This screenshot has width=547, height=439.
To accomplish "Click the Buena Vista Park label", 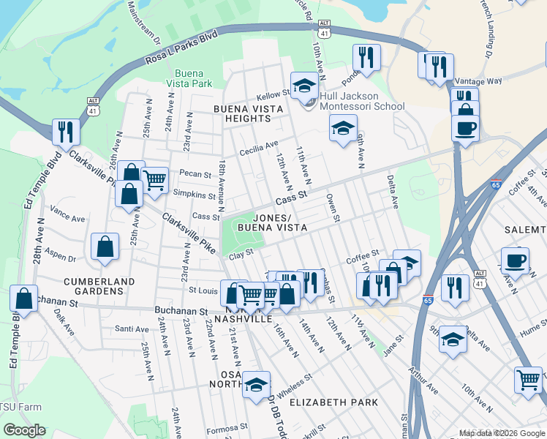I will pyautogui.click(x=193, y=78).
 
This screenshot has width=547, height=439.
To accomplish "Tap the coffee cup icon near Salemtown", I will pyautogui.click(x=514, y=261).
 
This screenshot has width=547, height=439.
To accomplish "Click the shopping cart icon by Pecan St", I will pyautogui.click(x=155, y=180).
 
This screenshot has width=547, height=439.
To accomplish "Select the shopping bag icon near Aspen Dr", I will pyautogui.click(x=105, y=247).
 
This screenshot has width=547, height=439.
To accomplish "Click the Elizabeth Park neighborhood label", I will pyautogui.click(x=333, y=402).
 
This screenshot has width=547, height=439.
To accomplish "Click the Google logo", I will pyautogui.click(x=24, y=430).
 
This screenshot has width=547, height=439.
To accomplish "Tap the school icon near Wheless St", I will pyautogui.click(x=257, y=386).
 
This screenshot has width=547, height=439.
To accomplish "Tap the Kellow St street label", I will pyautogui.click(x=273, y=97).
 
